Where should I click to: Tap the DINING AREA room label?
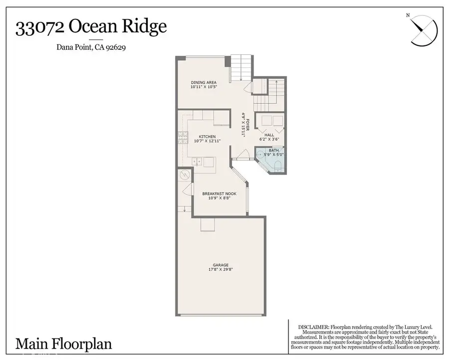point(204,82)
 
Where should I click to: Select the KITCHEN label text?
point(207,137)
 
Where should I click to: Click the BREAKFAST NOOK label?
point(219,193)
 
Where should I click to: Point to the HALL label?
point(269,135)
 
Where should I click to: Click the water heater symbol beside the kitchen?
point(184,176)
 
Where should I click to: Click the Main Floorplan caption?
point(63,344)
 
